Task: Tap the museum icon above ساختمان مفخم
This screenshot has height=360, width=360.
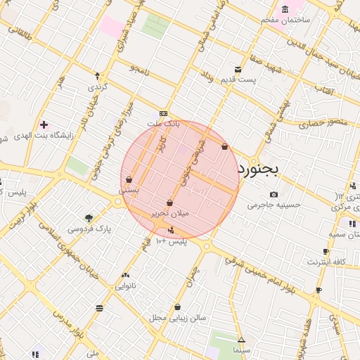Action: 285,9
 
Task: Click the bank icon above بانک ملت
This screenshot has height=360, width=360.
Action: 164,113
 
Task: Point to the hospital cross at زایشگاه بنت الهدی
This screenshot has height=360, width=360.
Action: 44,124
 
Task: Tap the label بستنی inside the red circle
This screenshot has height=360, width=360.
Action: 129,190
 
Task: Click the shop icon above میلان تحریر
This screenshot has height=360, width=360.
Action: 170,202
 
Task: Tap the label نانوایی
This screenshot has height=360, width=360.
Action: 125,285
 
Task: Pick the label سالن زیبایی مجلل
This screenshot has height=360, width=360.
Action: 177,318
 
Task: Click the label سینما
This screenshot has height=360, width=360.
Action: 241,349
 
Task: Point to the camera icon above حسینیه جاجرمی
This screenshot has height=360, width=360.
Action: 274,195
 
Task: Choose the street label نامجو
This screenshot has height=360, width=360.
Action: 139,68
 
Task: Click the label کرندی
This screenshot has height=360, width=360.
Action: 96,87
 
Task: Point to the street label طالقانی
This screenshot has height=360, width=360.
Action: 20,30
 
